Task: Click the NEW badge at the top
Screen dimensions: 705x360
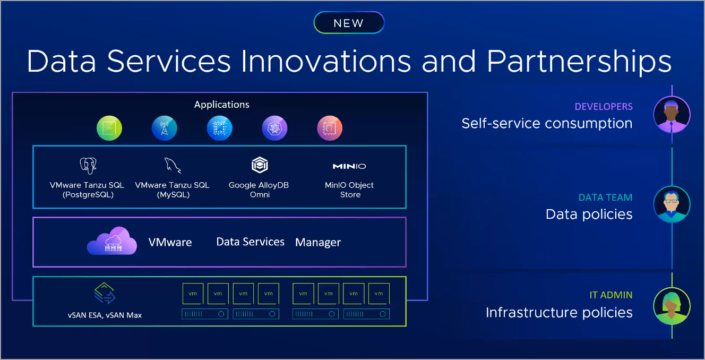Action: (349, 23)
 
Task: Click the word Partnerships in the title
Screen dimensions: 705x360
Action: (579, 62)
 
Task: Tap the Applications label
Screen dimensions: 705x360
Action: (221, 105)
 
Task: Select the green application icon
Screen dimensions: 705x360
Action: (109, 128)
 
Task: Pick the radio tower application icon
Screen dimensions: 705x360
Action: (164, 128)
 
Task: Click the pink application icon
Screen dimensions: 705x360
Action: (330, 128)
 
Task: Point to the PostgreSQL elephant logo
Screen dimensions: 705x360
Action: (88, 166)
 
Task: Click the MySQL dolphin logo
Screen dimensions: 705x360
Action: (173, 166)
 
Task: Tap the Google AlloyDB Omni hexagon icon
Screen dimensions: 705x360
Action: (260, 165)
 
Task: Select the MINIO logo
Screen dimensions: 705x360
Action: (349, 166)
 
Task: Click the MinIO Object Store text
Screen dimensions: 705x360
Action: (349, 190)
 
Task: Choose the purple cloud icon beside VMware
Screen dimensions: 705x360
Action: (112, 241)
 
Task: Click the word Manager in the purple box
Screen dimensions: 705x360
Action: (318, 242)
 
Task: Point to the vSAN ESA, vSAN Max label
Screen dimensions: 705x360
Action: (105, 315)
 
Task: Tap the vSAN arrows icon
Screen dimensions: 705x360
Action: (105, 293)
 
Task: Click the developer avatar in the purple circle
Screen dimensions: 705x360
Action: (672, 115)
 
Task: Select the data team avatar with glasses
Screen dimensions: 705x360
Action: (672, 204)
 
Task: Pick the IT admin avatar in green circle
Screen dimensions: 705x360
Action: (672, 306)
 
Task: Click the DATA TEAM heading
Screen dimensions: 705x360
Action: (605, 198)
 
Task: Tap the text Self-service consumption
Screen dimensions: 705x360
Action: (547, 123)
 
